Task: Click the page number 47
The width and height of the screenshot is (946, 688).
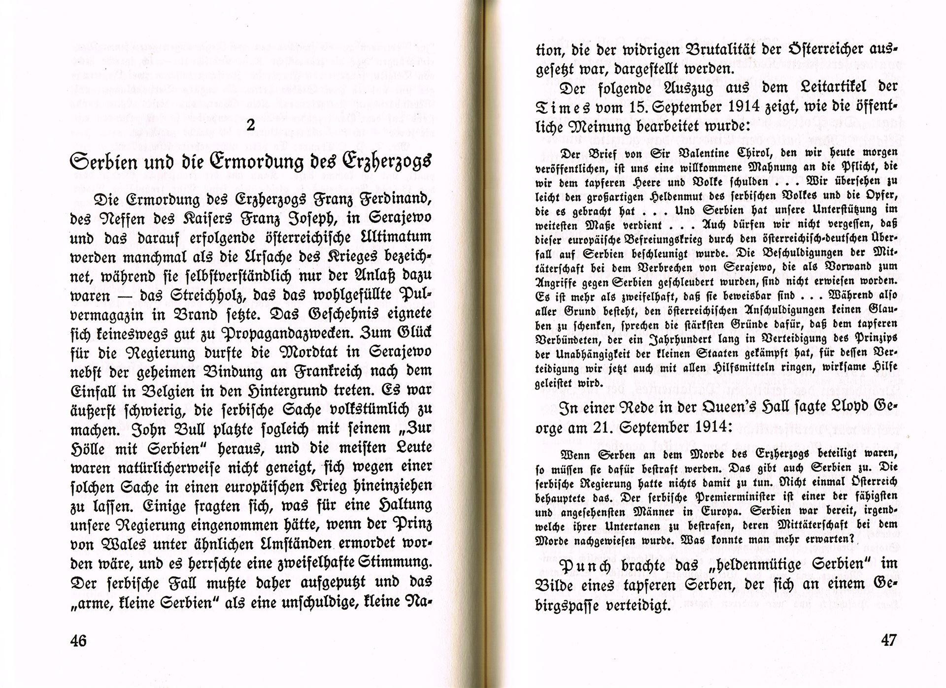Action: [888, 640]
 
